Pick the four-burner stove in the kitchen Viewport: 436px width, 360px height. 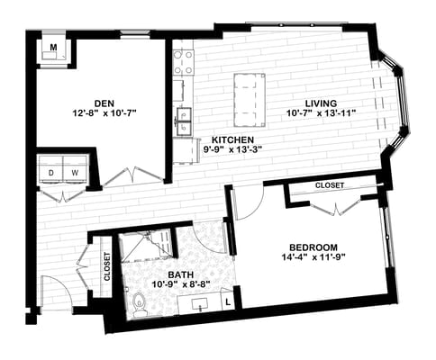point(184,62)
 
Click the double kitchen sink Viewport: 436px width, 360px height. point(186,119)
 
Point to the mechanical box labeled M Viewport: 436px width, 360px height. point(53,49)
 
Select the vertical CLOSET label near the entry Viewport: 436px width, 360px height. point(107,267)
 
